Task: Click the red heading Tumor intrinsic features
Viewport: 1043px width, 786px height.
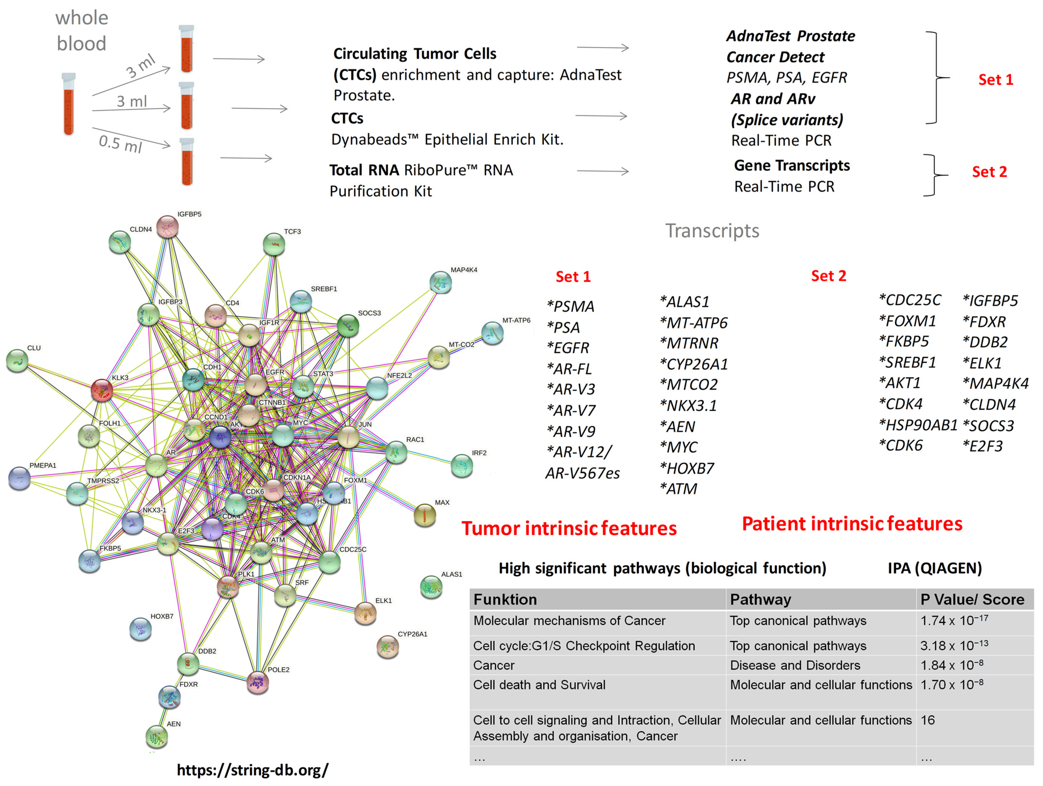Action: pyautogui.click(x=569, y=528)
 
